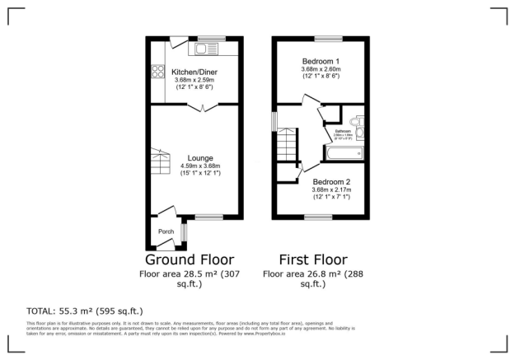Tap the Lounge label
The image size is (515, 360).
[201, 157]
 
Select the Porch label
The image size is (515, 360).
[166, 231]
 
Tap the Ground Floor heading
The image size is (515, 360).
[195, 259]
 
